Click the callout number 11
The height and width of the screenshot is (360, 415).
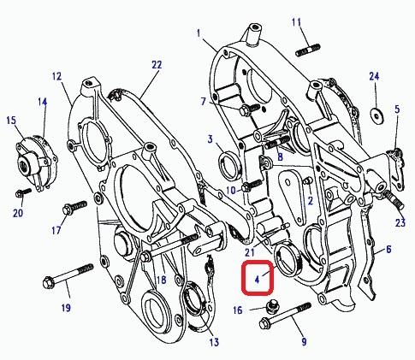pyautogui.click(x=296, y=22)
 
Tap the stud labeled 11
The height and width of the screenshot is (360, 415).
pyautogui.click(x=307, y=50)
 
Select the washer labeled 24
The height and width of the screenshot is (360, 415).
pyautogui.click(x=377, y=115)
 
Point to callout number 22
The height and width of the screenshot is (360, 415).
pyautogui.click(x=157, y=65)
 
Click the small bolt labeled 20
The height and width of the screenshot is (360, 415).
pyautogui.click(x=23, y=192)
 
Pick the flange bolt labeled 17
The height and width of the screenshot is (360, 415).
pyautogui.click(x=74, y=207)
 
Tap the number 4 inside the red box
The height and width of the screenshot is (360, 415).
pyautogui.click(x=258, y=280)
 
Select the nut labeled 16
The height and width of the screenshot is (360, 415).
pyautogui.click(x=273, y=306)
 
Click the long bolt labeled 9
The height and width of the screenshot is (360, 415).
pyautogui.click(x=285, y=316)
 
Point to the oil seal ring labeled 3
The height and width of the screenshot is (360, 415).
pyautogui.click(x=230, y=166)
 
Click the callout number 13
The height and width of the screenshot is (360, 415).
pyautogui.click(x=214, y=342)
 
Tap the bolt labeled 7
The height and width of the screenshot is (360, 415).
pyautogui.click(x=250, y=109)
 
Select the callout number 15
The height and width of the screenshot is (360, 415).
pyautogui.click(x=11, y=121)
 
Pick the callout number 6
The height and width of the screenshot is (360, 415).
pyautogui.click(x=388, y=249)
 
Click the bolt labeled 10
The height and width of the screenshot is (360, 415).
pyautogui.click(x=252, y=186)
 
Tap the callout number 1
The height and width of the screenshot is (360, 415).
pyautogui.click(x=199, y=33)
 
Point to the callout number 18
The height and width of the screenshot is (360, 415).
pyautogui.click(x=161, y=280)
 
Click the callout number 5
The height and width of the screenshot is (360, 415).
pyautogui.click(x=397, y=109)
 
